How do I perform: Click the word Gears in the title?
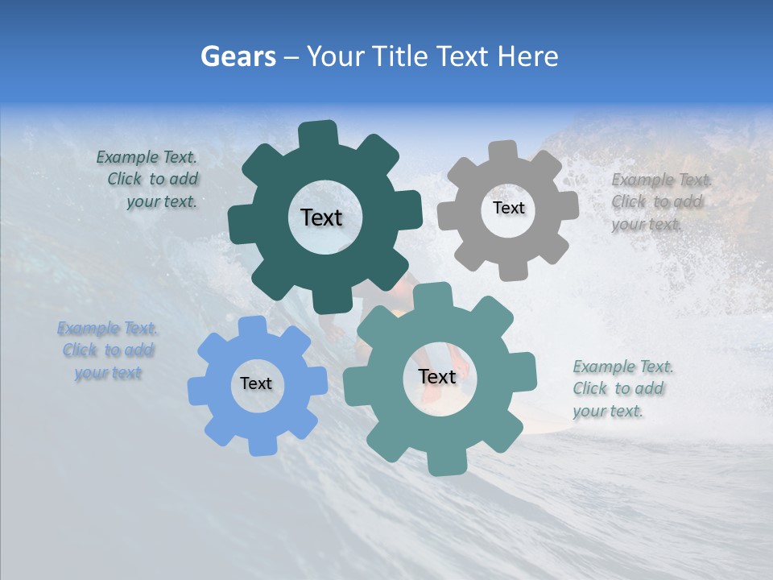point(238,56)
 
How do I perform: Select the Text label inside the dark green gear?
point(321,217)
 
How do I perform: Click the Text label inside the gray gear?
point(508,208)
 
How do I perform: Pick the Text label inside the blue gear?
point(256,383)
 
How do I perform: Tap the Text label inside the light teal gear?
point(437,376)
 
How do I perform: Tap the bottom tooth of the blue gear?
point(259,444)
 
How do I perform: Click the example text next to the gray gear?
point(660,201)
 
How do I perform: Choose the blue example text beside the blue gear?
point(108,350)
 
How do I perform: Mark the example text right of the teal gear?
point(622,388)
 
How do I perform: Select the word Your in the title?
point(336,56)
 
